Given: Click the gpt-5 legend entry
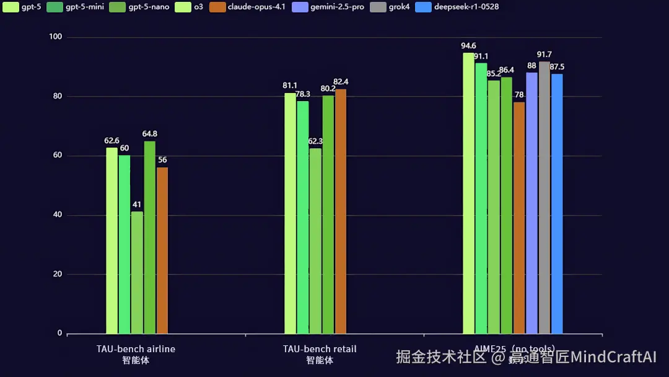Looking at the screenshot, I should pyautogui.click(x=21, y=7).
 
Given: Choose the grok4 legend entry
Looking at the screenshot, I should pyautogui.click(x=385, y=7).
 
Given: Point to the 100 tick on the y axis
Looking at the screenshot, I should pyautogui.click(x=56, y=37).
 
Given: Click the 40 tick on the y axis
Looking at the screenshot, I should pyautogui.click(x=56, y=215).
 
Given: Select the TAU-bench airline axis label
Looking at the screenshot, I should pyautogui.click(x=136, y=349).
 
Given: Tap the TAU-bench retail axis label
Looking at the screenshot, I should pyautogui.click(x=320, y=349).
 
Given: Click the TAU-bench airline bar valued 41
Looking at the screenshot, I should pyautogui.click(x=137, y=273).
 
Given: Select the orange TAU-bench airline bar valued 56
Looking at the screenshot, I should pyautogui.click(x=162, y=251).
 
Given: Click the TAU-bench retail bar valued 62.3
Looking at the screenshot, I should pyautogui.click(x=315, y=241).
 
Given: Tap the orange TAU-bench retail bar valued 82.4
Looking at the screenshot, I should pyautogui.click(x=341, y=211).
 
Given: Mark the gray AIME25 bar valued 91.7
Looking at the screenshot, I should pyautogui.click(x=544, y=198).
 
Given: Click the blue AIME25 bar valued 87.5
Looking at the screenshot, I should pyautogui.click(x=557, y=204).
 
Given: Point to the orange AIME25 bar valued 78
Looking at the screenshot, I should pyautogui.click(x=519, y=218).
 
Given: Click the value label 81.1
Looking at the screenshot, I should pyautogui.click(x=290, y=86).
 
